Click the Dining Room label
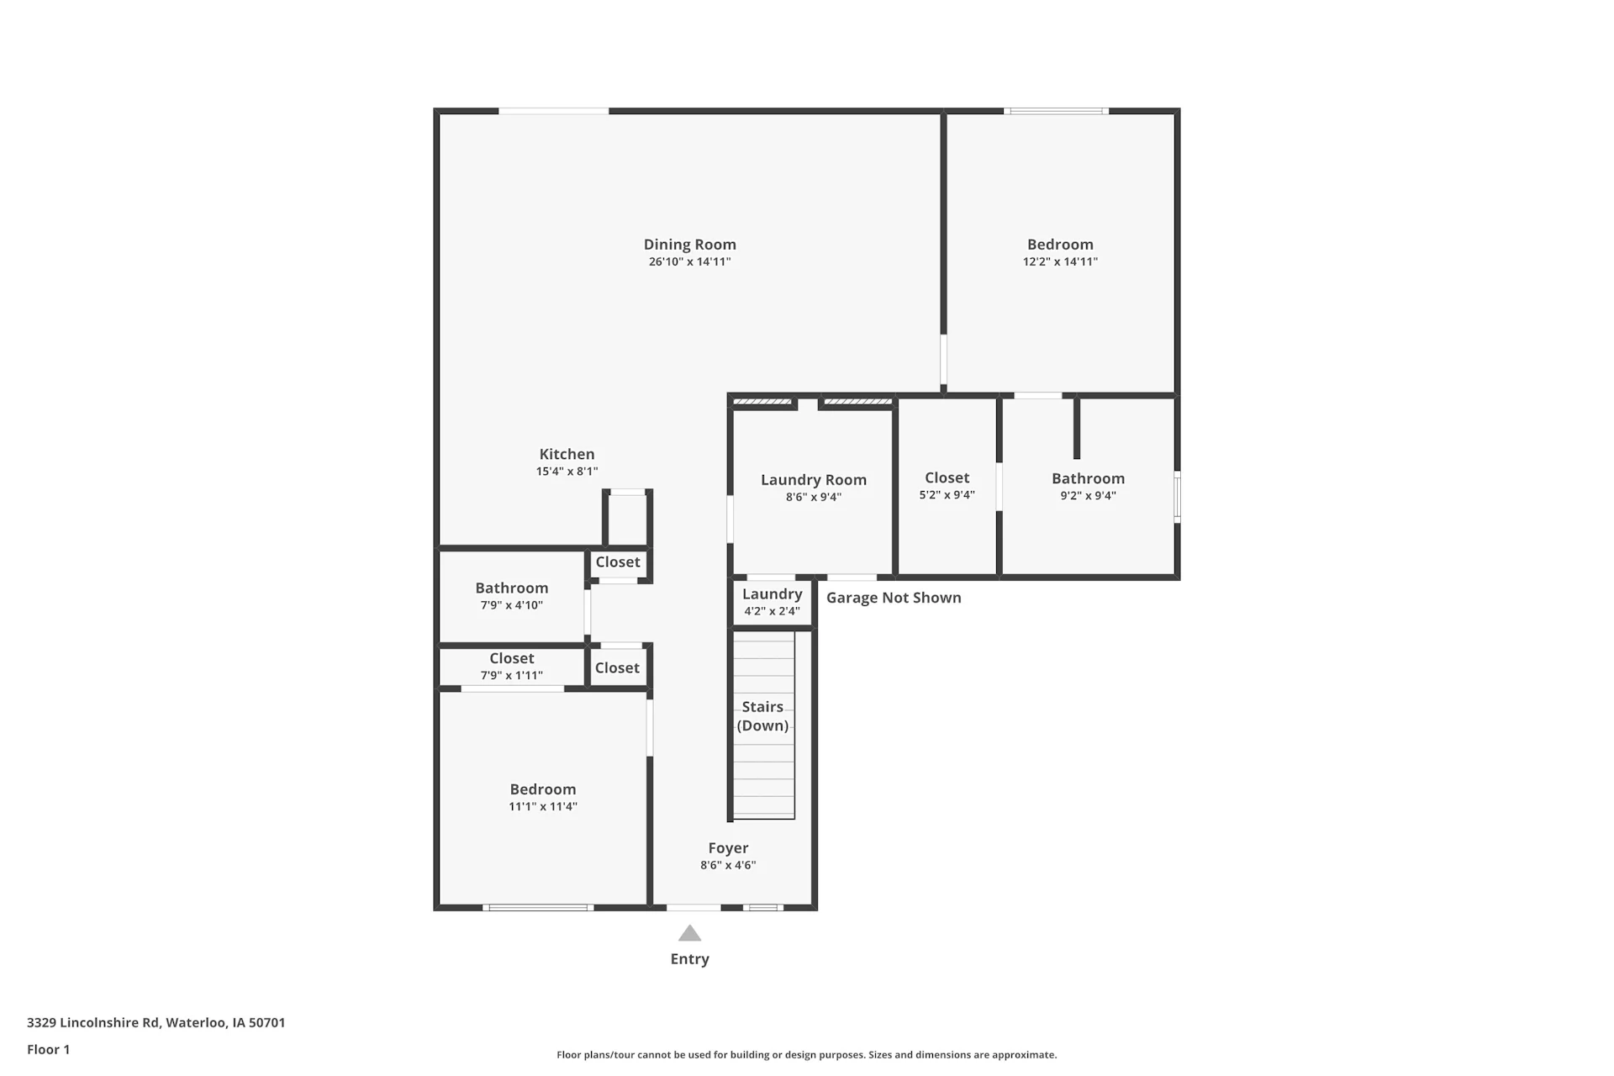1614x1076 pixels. tap(689, 245)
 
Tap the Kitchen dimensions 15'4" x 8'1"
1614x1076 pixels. tap(567, 472)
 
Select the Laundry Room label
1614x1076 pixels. tap(813, 480)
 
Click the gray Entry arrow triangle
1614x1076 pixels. tap(689, 933)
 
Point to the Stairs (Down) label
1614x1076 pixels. tap(762, 716)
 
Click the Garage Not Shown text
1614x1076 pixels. tap(894, 598)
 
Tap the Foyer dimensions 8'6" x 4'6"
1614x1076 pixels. tap(728, 865)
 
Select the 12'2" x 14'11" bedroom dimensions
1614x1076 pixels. tap(1060, 261)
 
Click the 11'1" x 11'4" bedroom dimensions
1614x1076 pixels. tap(542, 807)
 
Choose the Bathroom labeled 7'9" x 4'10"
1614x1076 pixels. tap(511, 588)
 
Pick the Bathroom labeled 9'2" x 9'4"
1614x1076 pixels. tap(1088, 478)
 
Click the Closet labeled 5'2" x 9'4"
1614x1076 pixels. tap(947, 478)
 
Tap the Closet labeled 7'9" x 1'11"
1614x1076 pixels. tap(511, 658)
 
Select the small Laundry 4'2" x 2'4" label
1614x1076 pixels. tap(772, 594)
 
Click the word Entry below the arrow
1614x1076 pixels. tap(689, 959)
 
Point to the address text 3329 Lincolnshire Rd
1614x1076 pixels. tap(92, 1023)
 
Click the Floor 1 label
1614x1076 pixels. tap(48, 1049)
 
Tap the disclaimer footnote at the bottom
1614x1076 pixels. tap(806, 1055)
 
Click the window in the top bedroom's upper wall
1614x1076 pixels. tap(1056, 111)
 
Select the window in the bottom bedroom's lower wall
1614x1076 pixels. tap(538, 908)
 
